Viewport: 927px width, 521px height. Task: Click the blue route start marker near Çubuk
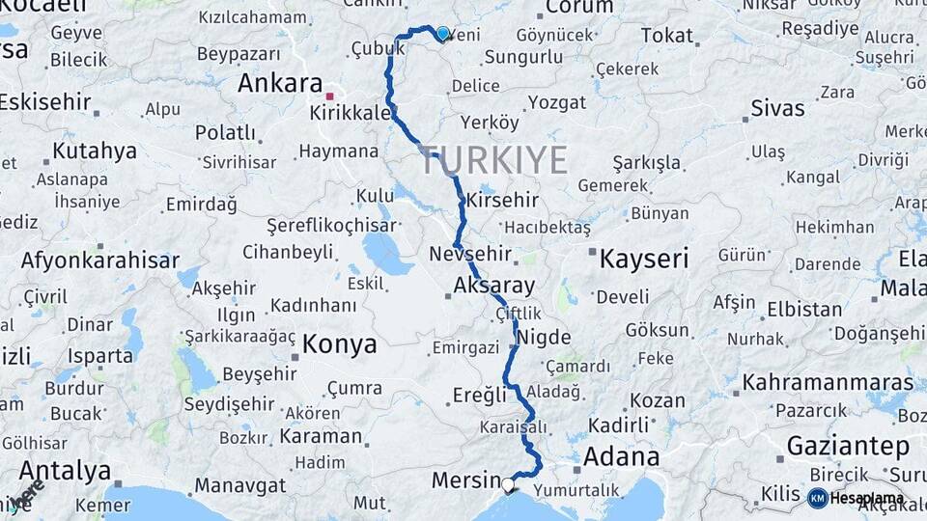442,34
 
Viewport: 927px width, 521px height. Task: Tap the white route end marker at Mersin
508,484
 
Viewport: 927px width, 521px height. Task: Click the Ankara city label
279,83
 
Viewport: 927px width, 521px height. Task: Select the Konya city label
338,343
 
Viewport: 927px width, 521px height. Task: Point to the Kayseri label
644,259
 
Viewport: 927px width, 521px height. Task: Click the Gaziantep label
848,447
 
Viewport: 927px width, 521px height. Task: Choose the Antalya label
65,471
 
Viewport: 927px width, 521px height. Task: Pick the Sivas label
777,105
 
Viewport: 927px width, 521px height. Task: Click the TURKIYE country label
493,160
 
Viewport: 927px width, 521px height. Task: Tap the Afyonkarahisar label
100,260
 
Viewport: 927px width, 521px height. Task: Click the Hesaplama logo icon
817,498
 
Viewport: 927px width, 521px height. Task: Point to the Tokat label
666,36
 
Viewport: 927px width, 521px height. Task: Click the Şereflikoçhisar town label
332,225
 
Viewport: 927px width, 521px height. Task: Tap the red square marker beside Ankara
330,96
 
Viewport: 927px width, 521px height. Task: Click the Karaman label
321,435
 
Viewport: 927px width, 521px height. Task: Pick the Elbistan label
804,310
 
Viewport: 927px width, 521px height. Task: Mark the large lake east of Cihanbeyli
387,254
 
